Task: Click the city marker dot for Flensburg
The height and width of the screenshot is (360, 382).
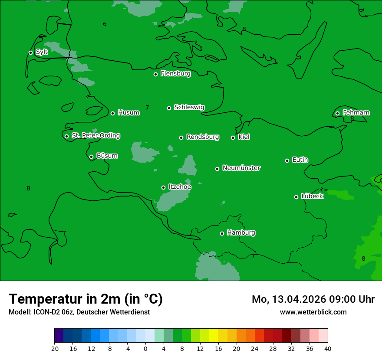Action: point(155,74)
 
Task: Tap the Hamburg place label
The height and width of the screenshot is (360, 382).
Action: point(241,232)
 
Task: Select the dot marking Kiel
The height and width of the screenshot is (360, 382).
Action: point(233,137)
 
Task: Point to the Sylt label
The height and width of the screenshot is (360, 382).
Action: point(42,52)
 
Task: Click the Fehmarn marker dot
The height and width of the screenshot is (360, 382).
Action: point(337,113)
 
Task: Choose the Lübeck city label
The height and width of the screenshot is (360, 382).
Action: point(312,196)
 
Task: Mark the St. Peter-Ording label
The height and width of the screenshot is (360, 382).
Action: point(95,135)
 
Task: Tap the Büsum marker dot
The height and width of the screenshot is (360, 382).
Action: point(91,157)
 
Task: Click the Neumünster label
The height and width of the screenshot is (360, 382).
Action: point(241,168)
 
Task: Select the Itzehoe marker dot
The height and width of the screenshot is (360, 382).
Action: point(163,187)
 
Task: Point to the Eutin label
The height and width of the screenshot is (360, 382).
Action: point(300,160)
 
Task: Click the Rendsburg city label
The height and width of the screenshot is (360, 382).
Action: point(203,137)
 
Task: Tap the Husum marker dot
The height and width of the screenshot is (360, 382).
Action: point(112,113)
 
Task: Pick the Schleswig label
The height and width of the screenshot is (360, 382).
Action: point(189,107)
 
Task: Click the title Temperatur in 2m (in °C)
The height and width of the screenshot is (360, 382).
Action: point(86,299)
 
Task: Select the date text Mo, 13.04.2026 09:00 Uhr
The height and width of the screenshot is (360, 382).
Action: point(313,299)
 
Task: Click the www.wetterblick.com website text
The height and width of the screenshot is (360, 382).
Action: point(313,312)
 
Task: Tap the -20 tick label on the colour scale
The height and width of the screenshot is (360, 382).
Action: point(54,348)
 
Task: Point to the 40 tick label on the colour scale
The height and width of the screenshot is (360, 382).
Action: point(328,348)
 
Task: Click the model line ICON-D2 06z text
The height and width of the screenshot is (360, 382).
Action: point(79,312)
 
